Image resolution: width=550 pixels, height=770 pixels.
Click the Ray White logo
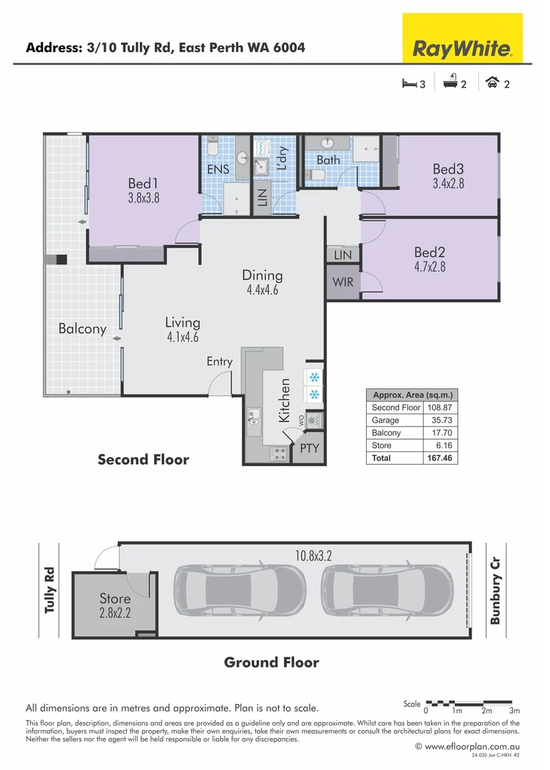pos(462,48)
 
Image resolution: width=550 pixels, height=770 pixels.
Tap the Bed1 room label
pos(143,183)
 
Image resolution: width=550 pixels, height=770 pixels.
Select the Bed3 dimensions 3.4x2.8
pos(448,183)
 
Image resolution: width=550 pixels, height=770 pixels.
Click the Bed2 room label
pos(429,252)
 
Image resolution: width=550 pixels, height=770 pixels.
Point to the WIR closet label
pos(343,282)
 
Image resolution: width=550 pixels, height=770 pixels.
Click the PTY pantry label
pos(309,448)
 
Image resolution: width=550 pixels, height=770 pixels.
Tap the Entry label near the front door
pos(219,361)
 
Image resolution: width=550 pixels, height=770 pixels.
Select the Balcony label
pos(82,329)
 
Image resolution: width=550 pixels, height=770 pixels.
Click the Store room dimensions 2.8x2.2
pos(116,612)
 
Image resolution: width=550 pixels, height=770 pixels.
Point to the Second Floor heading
pos(143,459)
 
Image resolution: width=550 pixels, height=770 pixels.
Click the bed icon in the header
pos(409,83)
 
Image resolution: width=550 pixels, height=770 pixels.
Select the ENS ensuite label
pos(218,170)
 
